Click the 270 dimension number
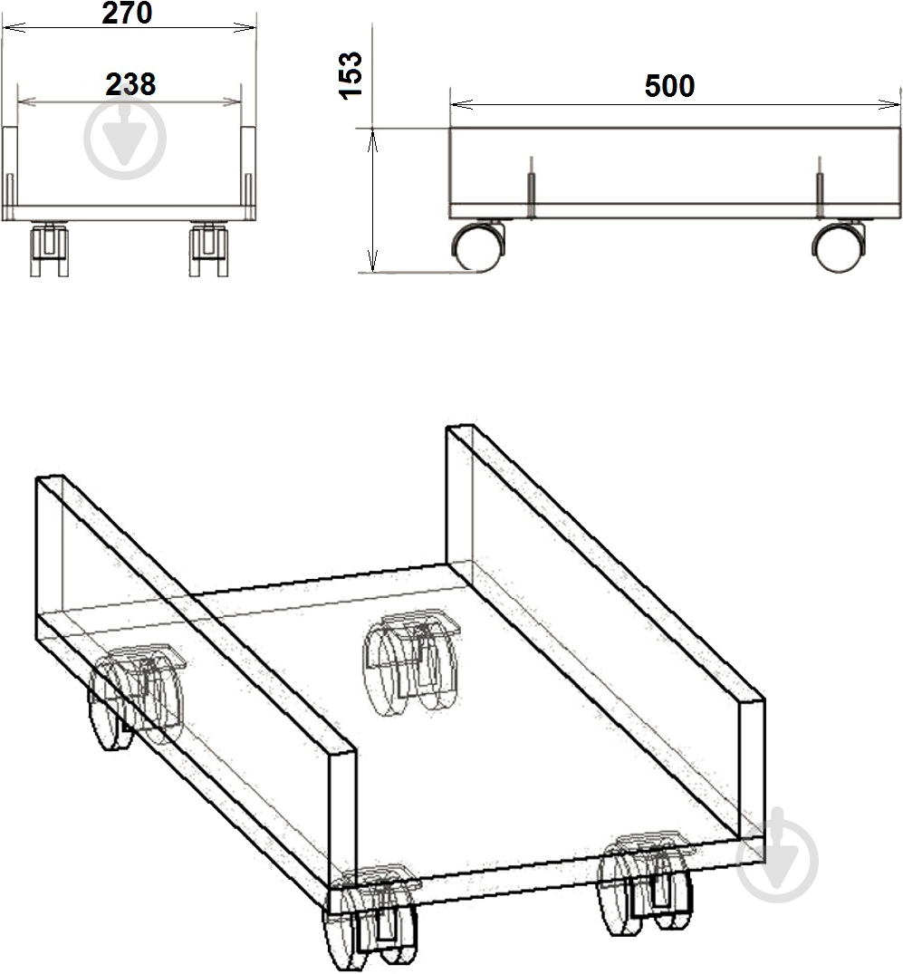pos(128,13)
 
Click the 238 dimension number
pos(130,84)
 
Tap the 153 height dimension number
pos(351,75)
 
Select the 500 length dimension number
pos(669,86)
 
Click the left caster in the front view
pos(49,249)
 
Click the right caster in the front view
pos(208,249)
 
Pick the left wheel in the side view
pos(478,246)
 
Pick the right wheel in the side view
pos(838,246)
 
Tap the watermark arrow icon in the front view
pos(125,138)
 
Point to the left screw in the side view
pos(532,188)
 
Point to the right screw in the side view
pos(820,188)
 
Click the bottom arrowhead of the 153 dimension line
pos(372,260)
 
